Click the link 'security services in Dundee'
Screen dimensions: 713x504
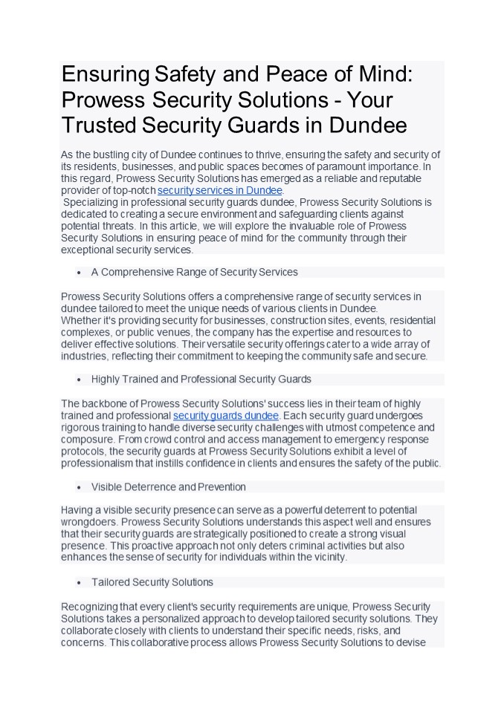click(x=220, y=191)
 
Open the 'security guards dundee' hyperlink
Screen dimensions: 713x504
click(x=225, y=415)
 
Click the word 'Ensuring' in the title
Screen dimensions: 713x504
click(x=106, y=74)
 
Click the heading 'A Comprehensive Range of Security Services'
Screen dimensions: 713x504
click(x=194, y=272)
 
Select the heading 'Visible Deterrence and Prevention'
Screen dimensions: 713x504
click(x=168, y=487)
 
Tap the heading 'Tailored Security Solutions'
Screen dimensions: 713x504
click(x=152, y=582)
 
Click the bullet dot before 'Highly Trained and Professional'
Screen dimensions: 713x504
click(x=79, y=380)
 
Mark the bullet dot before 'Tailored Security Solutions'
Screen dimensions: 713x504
click(x=79, y=583)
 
